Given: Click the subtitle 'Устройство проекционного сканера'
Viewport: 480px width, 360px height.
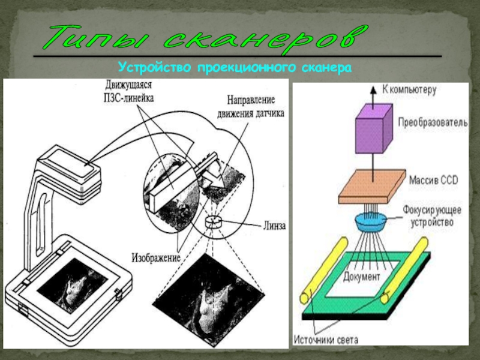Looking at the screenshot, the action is coord(235,68).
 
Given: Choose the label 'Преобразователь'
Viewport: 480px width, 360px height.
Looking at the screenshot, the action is coord(431,122).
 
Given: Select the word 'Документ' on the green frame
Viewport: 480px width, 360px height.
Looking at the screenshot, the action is coord(362,277).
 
